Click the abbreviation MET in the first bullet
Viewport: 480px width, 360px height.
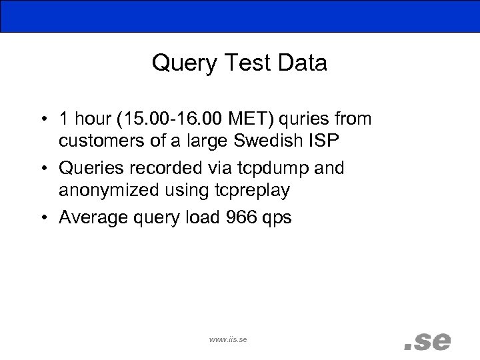point(244,119)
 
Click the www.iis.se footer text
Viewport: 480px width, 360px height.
point(228,339)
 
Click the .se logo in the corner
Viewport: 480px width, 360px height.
point(427,341)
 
